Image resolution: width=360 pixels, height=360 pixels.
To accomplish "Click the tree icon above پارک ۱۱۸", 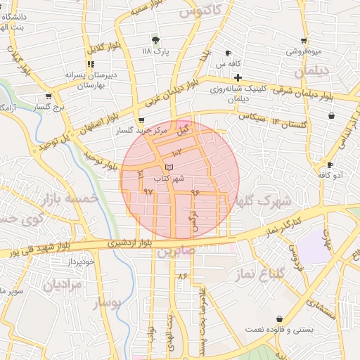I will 155,39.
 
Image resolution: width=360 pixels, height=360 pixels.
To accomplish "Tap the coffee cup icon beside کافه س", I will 228,53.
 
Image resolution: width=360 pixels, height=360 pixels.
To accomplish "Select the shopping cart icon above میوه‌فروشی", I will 303,41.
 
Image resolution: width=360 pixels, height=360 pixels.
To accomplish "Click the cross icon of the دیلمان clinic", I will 238,77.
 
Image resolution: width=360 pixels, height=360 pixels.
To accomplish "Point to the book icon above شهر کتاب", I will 168,167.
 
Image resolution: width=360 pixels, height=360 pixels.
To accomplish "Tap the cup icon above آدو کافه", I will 330,165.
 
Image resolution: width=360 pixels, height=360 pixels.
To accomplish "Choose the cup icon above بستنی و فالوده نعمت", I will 280,319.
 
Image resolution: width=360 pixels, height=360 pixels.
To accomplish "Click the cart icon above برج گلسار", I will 48,96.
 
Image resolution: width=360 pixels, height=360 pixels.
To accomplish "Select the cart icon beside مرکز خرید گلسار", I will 141,120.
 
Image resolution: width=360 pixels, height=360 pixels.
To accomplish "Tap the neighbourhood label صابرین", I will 174,251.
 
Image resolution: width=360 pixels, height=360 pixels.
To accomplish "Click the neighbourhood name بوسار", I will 107,304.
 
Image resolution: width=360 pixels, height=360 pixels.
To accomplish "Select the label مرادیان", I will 63,285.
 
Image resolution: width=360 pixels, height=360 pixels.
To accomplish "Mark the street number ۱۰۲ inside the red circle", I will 176,152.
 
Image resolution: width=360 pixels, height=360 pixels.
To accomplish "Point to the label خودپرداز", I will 81,262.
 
